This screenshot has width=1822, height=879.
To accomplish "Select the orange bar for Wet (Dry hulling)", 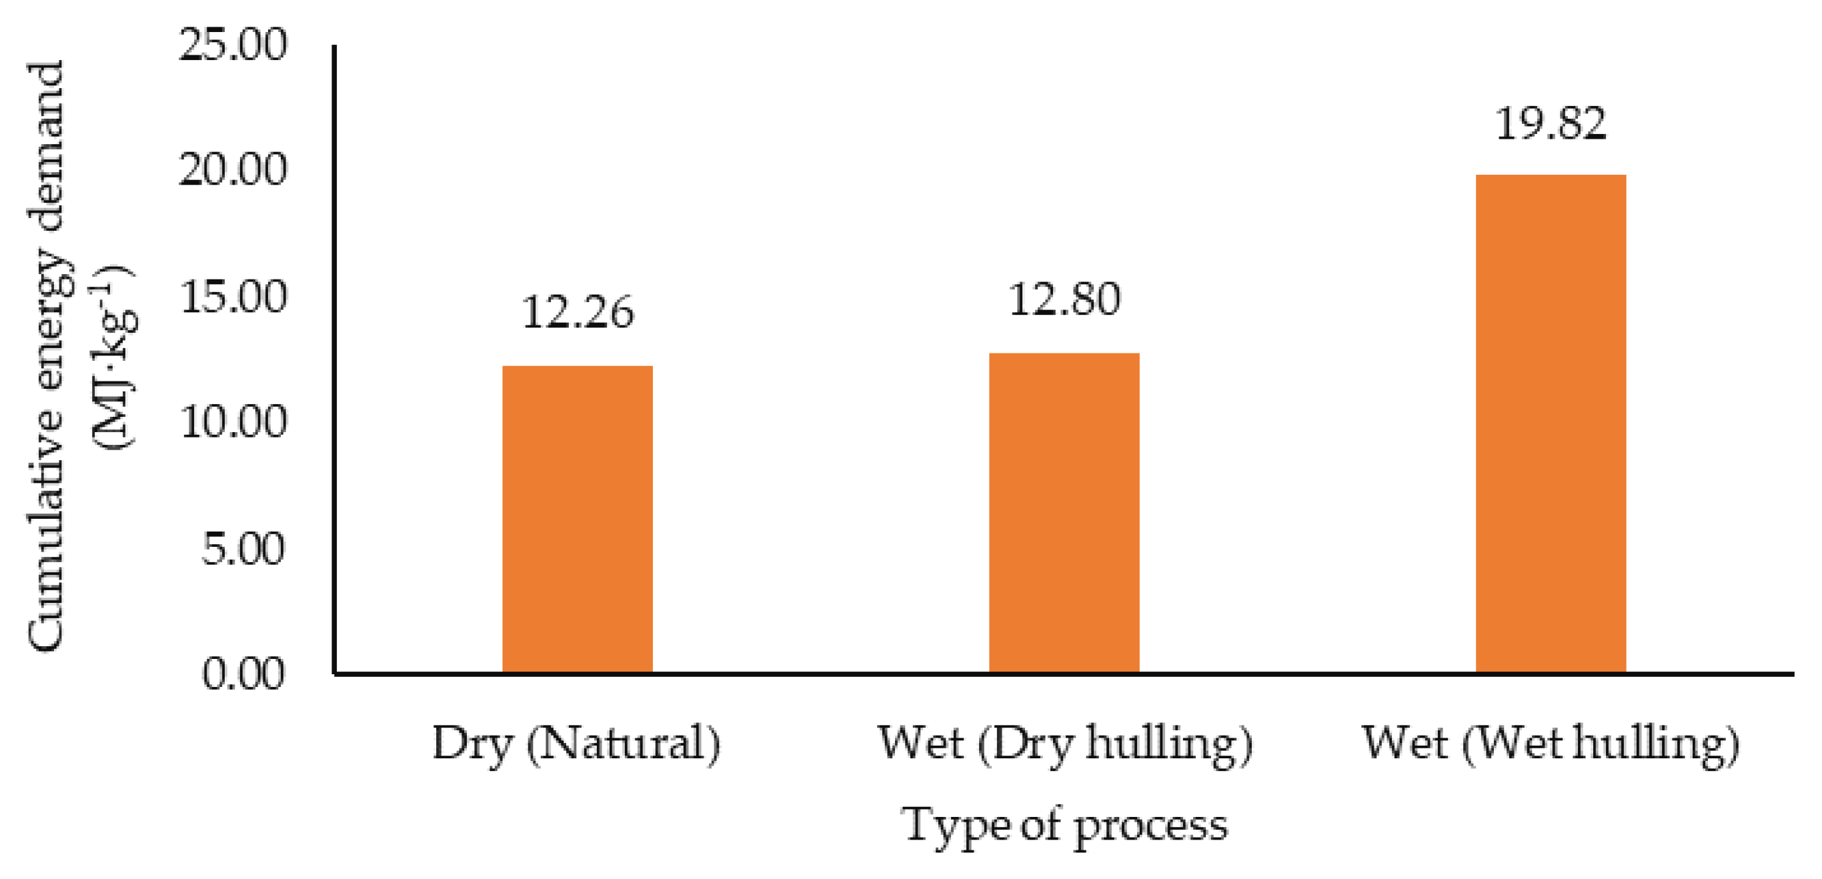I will (1064, 512).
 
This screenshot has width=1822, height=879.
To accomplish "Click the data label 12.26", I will (577, 313).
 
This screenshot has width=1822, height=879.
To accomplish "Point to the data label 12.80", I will (1064, 299).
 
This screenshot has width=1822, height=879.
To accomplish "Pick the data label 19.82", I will (1551, 124).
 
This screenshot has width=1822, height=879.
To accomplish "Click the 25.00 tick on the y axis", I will (233, 45).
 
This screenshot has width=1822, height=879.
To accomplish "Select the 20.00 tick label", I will (233, 169).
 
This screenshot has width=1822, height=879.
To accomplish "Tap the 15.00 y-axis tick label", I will (233, 296).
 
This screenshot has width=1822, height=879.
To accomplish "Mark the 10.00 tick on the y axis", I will (233, 421).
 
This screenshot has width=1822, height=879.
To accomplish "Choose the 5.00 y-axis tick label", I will (243, 548).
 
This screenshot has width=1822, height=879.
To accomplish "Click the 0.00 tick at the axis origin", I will (243, 673).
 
